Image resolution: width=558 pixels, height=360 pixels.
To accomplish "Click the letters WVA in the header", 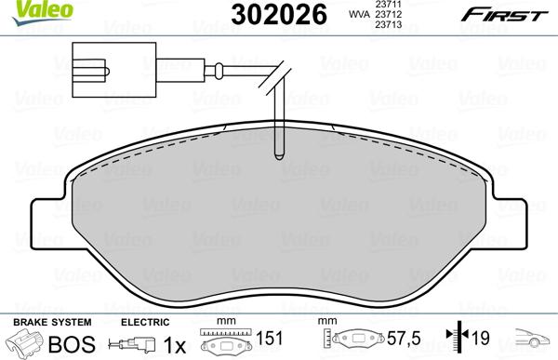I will [357, 16].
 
